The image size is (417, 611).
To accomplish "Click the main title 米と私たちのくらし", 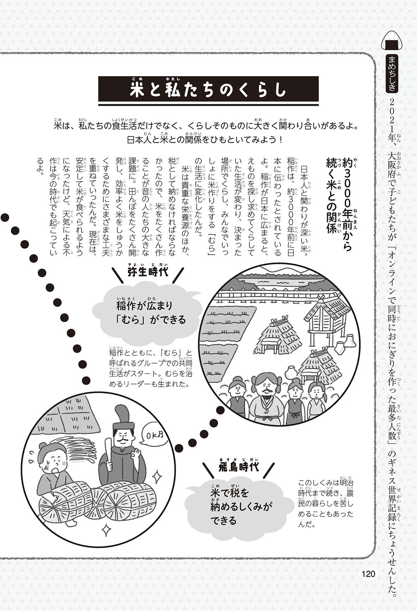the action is (208, 90).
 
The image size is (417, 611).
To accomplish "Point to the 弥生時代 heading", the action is (147, 272).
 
